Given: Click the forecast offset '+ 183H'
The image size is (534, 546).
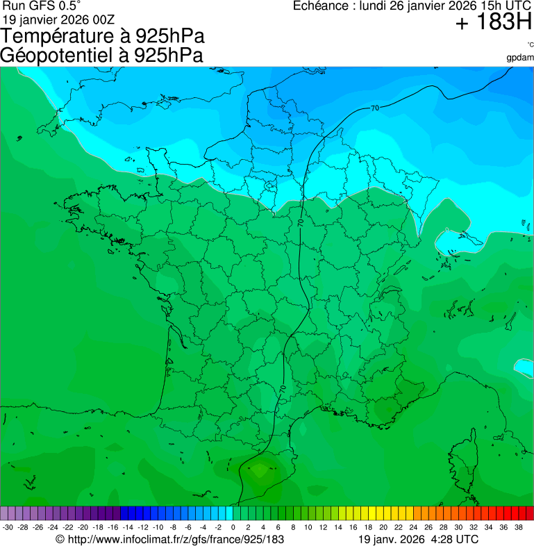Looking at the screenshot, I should (494, 23).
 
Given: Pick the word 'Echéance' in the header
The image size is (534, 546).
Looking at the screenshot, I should (320, 6).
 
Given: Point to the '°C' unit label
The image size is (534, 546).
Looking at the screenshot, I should (530, 44).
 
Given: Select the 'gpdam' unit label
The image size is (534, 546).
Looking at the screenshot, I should (520, 57).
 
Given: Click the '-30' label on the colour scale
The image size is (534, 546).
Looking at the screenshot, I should (8, 527).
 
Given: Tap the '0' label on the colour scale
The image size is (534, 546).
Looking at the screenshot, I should (233, 527).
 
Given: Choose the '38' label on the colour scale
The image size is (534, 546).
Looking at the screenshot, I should (518, 527).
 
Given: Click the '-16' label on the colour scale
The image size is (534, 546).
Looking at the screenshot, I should (113, 527).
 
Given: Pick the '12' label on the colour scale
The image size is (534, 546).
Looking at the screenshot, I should (323, 527).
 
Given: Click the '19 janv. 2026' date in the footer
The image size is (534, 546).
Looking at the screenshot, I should (392, 539).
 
